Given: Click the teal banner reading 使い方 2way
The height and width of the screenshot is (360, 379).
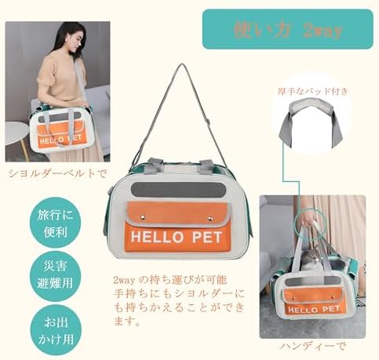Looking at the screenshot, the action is pyautogui.click(x=288, y=29).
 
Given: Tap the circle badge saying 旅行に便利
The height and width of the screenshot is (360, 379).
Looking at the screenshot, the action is pyautogui.click(x=55, y=223).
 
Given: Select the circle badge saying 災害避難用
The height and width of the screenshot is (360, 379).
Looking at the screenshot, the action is pyautogui.click(x=55, y=275).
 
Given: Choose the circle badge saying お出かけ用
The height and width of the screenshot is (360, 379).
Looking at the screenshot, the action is pyautogui.click(x=56, y=330).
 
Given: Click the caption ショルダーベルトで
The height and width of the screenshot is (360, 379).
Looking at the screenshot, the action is pyautogui.click(x=57, y=173).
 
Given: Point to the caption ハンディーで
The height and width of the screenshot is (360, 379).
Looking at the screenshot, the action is pyautogui.click(x=312, y=347).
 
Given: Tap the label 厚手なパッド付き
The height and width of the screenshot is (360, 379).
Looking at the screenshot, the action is pyautogui.click(x=313, y=92).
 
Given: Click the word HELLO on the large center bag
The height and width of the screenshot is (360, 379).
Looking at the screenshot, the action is pyautogui.click(x=157, y=237).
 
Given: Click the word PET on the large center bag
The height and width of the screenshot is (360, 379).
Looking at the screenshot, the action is pyautogui.click(x=207, y=237).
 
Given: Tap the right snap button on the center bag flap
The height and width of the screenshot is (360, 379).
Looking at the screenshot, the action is pyautogui.click(x=210, y=219).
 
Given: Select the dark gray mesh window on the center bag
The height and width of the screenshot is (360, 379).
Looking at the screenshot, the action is pyautogui.click(x=178, y=191).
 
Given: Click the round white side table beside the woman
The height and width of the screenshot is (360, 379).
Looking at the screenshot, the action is pyautogui.click(x=17, y=134).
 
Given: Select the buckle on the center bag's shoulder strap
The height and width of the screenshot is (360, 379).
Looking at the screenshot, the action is pyautogui.click(x=208, y=122).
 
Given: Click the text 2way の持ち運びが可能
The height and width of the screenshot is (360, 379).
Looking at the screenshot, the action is pyautogui.click(x=170, y=280).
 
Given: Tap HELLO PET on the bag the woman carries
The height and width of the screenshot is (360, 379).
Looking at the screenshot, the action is pyautogui.click(x=60, y=139).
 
